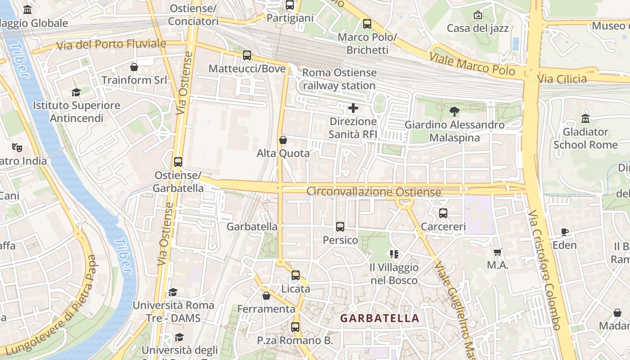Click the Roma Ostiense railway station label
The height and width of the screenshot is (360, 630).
click(339, 79)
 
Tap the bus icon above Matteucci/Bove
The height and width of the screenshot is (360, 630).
click(247, 55)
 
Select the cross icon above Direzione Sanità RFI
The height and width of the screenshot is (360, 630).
click(353, 108)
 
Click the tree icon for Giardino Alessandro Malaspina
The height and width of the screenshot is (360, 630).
click(454, 112)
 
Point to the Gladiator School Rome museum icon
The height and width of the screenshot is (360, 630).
click(585, 119)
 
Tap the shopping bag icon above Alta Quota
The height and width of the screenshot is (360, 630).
click(283, 140)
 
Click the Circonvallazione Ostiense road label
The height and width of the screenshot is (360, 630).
click(373, 192)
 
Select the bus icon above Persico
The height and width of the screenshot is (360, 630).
click(340, 227)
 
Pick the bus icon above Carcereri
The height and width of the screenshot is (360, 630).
click(443, 213)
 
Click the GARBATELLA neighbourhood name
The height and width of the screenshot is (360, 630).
click(379, 318)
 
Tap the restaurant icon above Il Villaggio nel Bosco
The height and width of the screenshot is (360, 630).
click(394, 254)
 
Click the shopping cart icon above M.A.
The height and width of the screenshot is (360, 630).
click(497, 252)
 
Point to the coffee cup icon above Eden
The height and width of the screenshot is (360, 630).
click(565, 232)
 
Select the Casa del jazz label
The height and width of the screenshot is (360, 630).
click(477, 28)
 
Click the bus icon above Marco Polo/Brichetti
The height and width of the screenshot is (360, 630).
click(367, 24)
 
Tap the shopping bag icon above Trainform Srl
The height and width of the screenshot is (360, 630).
click(134, 67)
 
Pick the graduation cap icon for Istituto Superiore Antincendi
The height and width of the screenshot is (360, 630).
click(76, 92)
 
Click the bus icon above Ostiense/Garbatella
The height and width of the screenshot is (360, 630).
click(178, 162)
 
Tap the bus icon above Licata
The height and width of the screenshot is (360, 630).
click(296, 275)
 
